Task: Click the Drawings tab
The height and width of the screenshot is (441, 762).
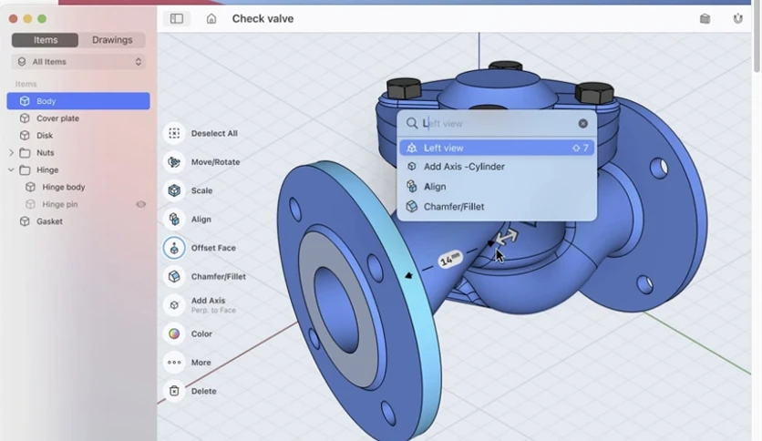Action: pos(112,40)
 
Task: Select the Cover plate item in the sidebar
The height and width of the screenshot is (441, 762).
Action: pos(57,118)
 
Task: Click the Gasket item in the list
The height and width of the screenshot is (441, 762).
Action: pos(49,221)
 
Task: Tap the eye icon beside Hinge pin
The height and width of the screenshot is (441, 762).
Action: pos(141,204)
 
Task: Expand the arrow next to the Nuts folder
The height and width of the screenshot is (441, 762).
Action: pos(11,152)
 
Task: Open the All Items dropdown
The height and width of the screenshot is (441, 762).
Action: pos(78,62)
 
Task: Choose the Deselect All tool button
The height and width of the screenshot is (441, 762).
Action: pos(174,133)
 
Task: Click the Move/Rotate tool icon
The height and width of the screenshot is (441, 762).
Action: pos(174,162)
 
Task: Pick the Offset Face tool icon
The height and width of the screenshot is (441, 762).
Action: pos(174,248)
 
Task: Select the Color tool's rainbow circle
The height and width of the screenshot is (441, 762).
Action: pos(174,333)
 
